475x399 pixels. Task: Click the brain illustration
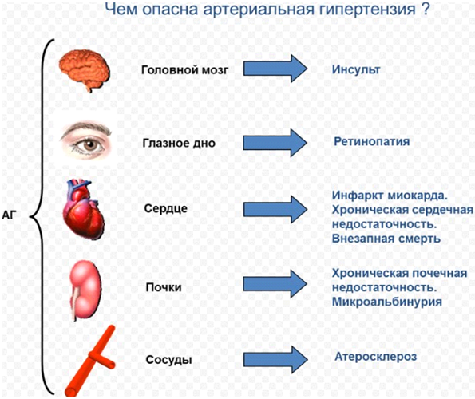pyautogui.click(x=85, y=70)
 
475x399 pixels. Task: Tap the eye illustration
pyautogui.click(x=86, y=140)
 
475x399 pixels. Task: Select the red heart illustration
pyautogui.click(x=84, y=209)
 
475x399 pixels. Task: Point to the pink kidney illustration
pyautogui.click(x=85, y=290)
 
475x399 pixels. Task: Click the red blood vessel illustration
pyautogui.click(x=91, y=361)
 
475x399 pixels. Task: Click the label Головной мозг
pyautogui.click(x=184, y=70)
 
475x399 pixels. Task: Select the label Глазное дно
pyautogui.click(x=179, y=143)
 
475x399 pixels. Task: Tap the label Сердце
pyautogui.click(x=166, y=208)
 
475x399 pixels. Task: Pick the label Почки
pyautogui.click(x=164, y=287)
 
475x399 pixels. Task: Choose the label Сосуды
pyautogui.click(x=168, y=360)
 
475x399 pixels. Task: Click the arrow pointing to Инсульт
pyautogui.click(x=275, y=69)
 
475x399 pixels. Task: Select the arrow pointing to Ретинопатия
pyautogui.click(x=275, y=143)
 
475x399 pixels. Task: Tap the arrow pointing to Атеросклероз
pyautogui.click(x=275, y=360)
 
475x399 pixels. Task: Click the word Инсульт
pyautogui.click(x=356, y=69)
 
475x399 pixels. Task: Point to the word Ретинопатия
pyautogui.click(x=372, y=142)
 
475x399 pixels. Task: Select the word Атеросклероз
pyautogui.click(x=376, y=357)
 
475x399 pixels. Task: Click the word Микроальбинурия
pyautogui.click(x=387, y=302)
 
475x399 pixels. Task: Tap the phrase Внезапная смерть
pyautogui.click(x=386, y=239)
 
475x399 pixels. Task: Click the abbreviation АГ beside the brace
pyautogui.click(x=9, y=215)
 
